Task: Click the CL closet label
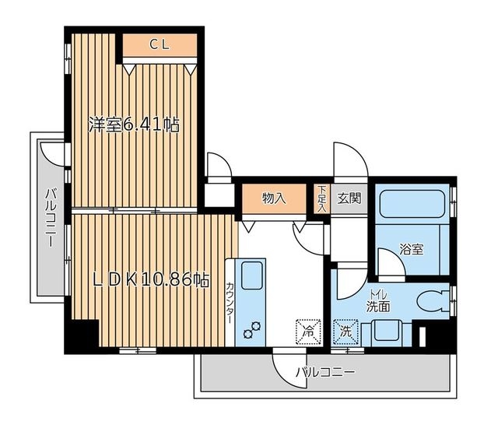pos(160,45)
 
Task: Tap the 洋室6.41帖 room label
pos(134,125)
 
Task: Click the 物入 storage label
pos(274,198)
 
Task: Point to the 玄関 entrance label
pos(349,198)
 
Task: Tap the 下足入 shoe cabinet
pos(322,199)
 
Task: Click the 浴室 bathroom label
pos(412,249)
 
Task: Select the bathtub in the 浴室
pos(412,204)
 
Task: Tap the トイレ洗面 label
pos(378,301)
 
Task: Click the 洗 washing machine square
pos(345,332)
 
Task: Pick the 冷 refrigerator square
pos(308,332)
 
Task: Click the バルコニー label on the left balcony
pos(50,218)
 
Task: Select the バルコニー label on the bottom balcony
pos(325,372)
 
